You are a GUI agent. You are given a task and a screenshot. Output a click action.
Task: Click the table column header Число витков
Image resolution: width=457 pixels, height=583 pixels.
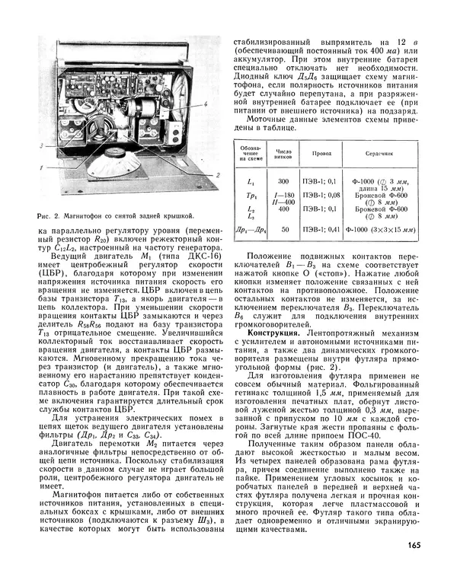(283, 152)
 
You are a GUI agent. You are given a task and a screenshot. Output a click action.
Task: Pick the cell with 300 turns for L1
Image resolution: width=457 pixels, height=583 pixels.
(283, 182)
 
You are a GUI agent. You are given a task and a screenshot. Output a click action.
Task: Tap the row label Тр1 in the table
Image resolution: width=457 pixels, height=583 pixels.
(252, 196)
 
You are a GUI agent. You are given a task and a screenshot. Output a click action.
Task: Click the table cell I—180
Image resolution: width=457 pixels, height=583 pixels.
(283, 195)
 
